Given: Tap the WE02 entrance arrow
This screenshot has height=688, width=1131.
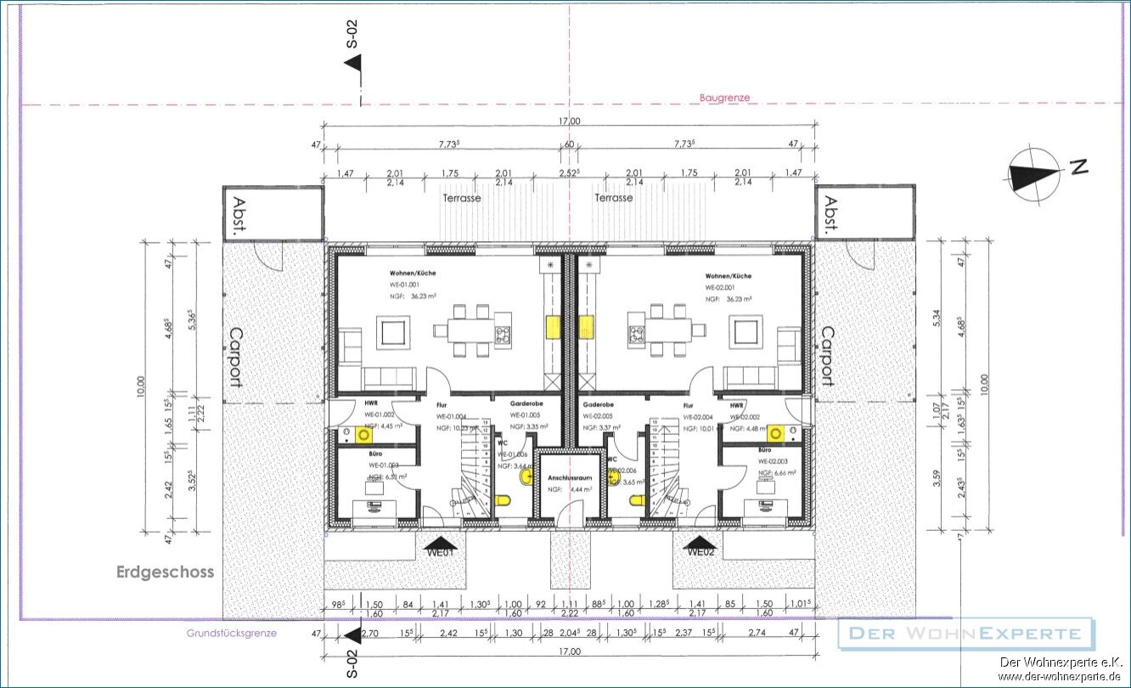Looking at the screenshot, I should [x=701, y=544].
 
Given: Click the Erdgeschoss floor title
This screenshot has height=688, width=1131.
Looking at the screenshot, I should [x=165, y=572].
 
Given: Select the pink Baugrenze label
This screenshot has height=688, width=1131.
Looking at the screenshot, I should [x=724, y=98].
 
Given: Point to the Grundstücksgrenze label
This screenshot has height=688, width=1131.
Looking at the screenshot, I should [x=231, y=633].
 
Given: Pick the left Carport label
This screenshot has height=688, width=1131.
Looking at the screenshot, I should [x=234, y=357].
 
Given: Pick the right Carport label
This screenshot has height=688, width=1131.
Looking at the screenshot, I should [x=825, y=357].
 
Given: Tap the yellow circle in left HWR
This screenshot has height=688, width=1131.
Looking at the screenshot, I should [x=365, y=435].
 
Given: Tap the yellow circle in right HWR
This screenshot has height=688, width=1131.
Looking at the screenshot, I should [x=774, y=434].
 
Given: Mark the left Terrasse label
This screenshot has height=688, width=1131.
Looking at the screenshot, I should [x=461, y=197].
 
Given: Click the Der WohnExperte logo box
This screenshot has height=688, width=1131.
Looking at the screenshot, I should [x=965, y=634].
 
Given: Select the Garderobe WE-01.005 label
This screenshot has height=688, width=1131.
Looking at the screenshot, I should [x=526, y=404].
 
